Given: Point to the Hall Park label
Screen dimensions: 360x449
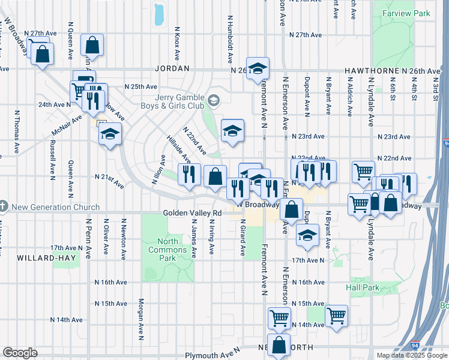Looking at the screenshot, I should (363, 287).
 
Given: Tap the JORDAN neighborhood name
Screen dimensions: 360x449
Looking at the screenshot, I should (172, 70).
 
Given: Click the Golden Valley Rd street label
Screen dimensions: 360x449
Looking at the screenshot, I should (192, 213).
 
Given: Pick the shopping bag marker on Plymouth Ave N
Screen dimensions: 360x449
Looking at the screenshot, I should (279, 346).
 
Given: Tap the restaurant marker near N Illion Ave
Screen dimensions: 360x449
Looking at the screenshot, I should (189, 174).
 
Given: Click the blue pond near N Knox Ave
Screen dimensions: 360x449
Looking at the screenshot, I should (159, 15).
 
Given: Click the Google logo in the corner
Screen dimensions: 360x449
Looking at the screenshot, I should (20, 353).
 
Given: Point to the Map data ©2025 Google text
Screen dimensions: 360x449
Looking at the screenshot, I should (411, 355).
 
